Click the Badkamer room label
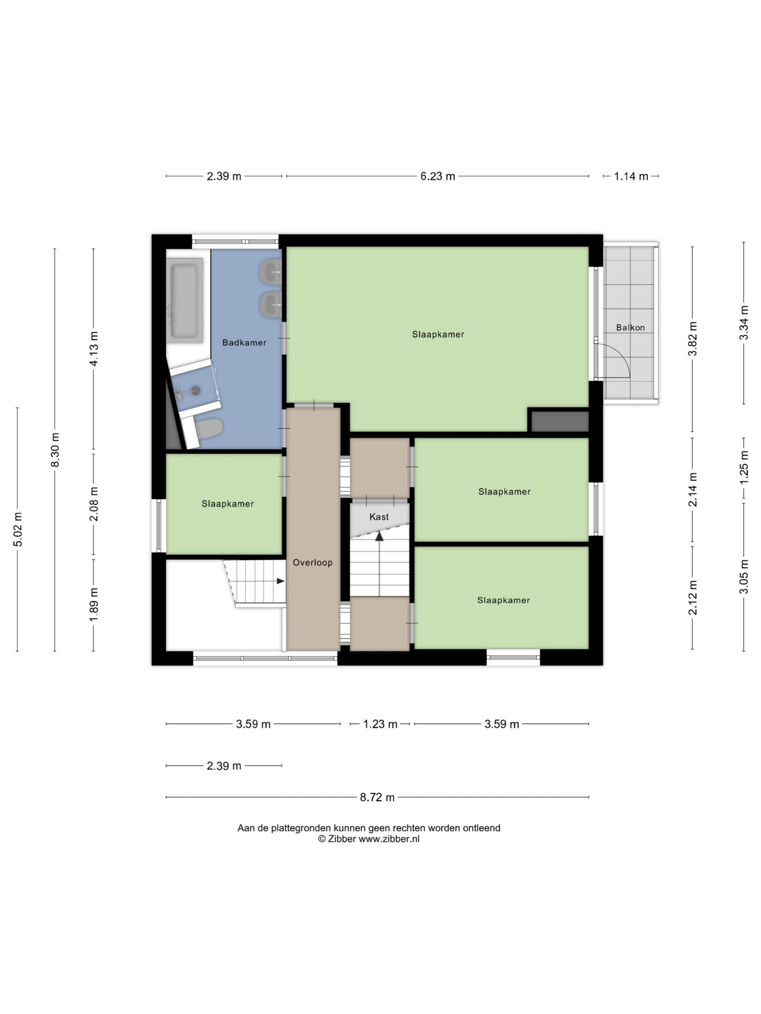pyautogui.click(x=244, y=343)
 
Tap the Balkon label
pyautogui.click(x=630, y=327)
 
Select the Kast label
pyautogui.click(x=379, y=517)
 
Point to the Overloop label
pyautogui.click(x=312, y=562)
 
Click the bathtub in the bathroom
pyautogui.click(x=185, y=300)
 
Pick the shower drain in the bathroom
pyautogui.click(x=196, y=390)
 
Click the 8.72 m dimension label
pyautogui.click(x=377, y=797)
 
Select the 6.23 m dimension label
pyautogui.click(x=438, y=176)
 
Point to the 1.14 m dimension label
pyautogui.click(x=631, y=176)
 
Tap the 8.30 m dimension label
pyautogui.click(x=55, y=450)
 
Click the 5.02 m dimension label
pyautogui.click(x=18, y=530)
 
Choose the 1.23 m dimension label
pyautogui.click(x=380, y=724)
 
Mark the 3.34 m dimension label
pyautogui.click(x=743, y=323)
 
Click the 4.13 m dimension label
pyautogui.click(x=94, y=348)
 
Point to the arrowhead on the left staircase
pyautogui.click(x=280, y=581)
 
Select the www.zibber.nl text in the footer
pyautogui.click(x=388, y=839)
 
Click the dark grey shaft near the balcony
pyautogui.click(x=560, y=421)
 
